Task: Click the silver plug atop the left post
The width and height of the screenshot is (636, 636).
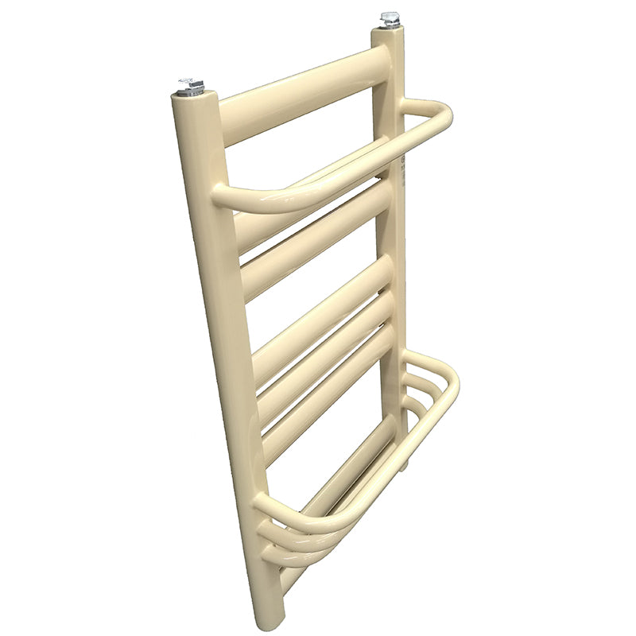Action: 192,86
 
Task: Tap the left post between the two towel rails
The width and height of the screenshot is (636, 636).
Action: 231,334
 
